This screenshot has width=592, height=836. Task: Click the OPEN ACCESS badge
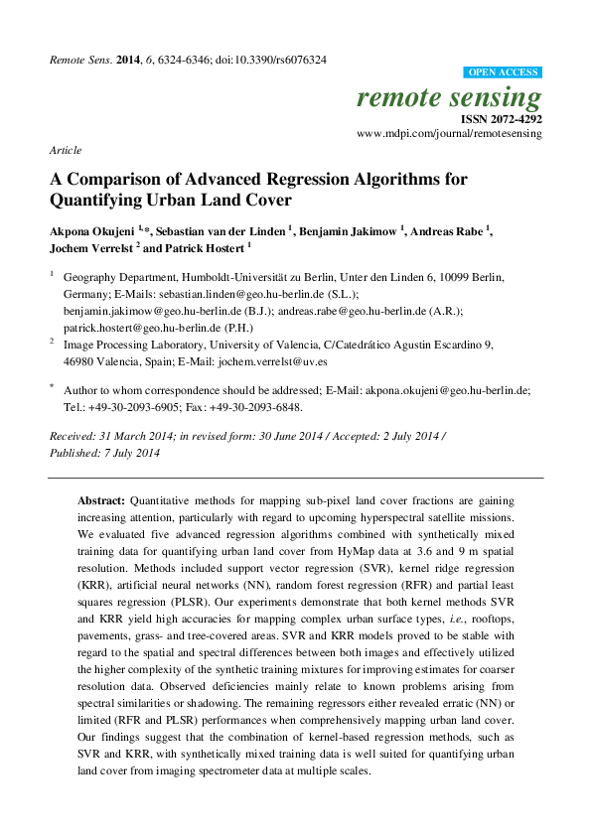coord(504,72)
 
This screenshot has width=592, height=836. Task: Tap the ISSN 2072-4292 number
coord(501,119)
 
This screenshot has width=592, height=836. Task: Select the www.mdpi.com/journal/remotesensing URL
coord(449,132)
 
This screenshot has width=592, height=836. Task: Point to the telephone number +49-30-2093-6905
coord(132,407)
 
